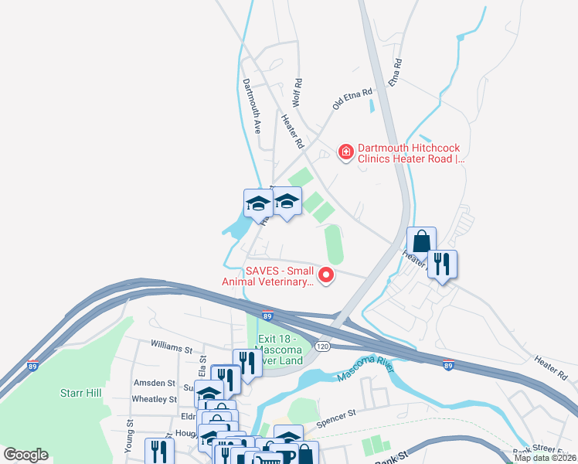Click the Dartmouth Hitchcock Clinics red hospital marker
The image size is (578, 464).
click(346, 152)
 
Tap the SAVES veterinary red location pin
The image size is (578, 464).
click(326, 274)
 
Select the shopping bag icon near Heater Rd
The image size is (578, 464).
click(421, 241)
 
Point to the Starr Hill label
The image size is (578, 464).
click(80, 393)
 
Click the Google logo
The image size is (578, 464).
click(26, 455)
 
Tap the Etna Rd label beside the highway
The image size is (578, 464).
click(396, 71)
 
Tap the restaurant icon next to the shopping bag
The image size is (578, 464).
click(442, 264)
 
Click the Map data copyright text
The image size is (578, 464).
click(543, 457)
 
